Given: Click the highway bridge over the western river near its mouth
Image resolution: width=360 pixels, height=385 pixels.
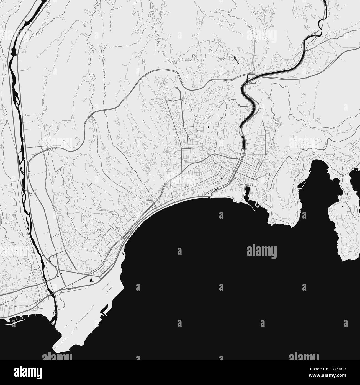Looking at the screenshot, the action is pyautogui.click(x=50, y=296).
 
